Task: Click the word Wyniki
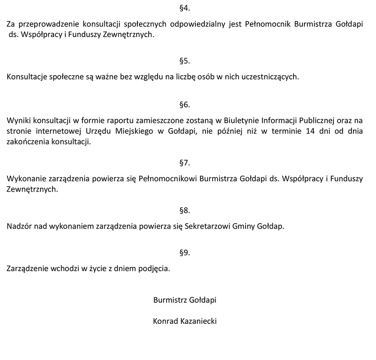point(17,120)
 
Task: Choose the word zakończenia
point(28,141)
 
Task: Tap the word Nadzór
point(19,226)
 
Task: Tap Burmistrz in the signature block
point(170,300)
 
